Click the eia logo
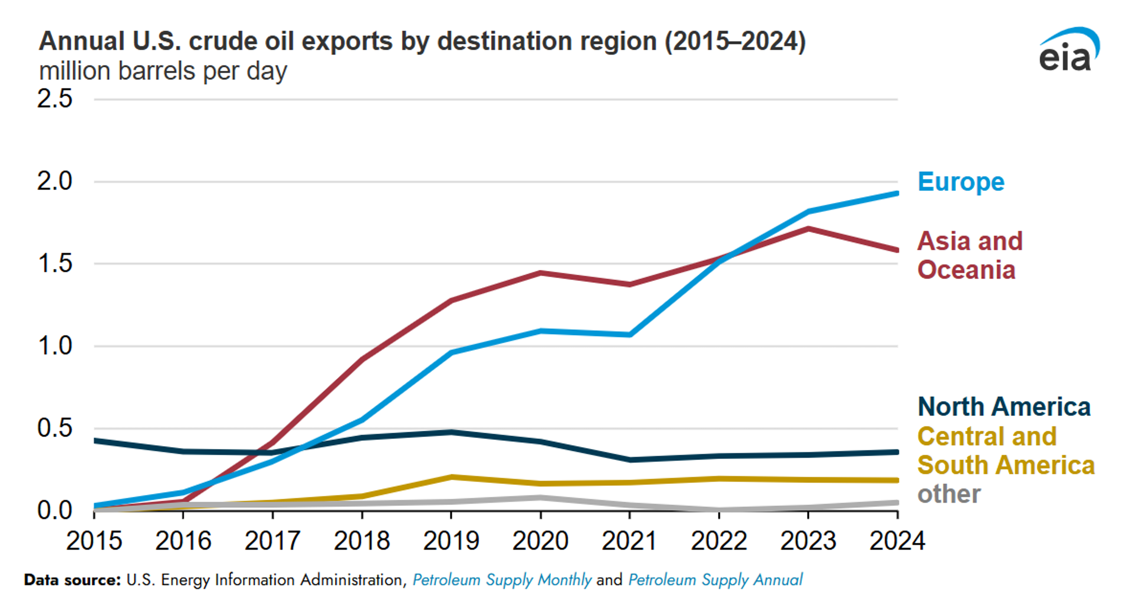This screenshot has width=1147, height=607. point(1069,50)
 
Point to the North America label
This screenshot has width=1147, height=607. point(1004,407)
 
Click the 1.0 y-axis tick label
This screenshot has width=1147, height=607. point(54,346)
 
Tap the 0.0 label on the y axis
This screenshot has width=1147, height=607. point(54,510)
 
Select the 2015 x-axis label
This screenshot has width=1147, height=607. point(94,541)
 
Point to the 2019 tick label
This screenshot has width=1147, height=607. point(451,541)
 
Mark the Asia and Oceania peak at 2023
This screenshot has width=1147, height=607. point(808,229)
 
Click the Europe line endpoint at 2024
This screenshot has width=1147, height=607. point(896,193)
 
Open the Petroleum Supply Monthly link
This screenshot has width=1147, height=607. point(502,580)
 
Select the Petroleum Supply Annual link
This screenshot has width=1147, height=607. point(715,580)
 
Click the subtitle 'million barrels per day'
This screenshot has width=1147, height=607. point(163,71)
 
